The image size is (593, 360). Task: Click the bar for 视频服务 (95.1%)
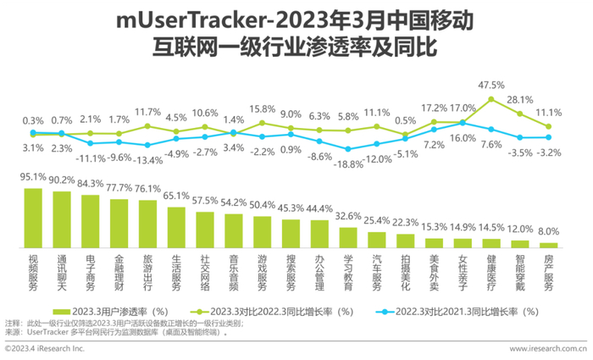(33, 216)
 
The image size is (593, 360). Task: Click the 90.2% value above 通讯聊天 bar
(62, 180)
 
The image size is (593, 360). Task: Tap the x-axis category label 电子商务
(91, 270)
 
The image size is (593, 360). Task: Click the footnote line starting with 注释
(127, 324)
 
